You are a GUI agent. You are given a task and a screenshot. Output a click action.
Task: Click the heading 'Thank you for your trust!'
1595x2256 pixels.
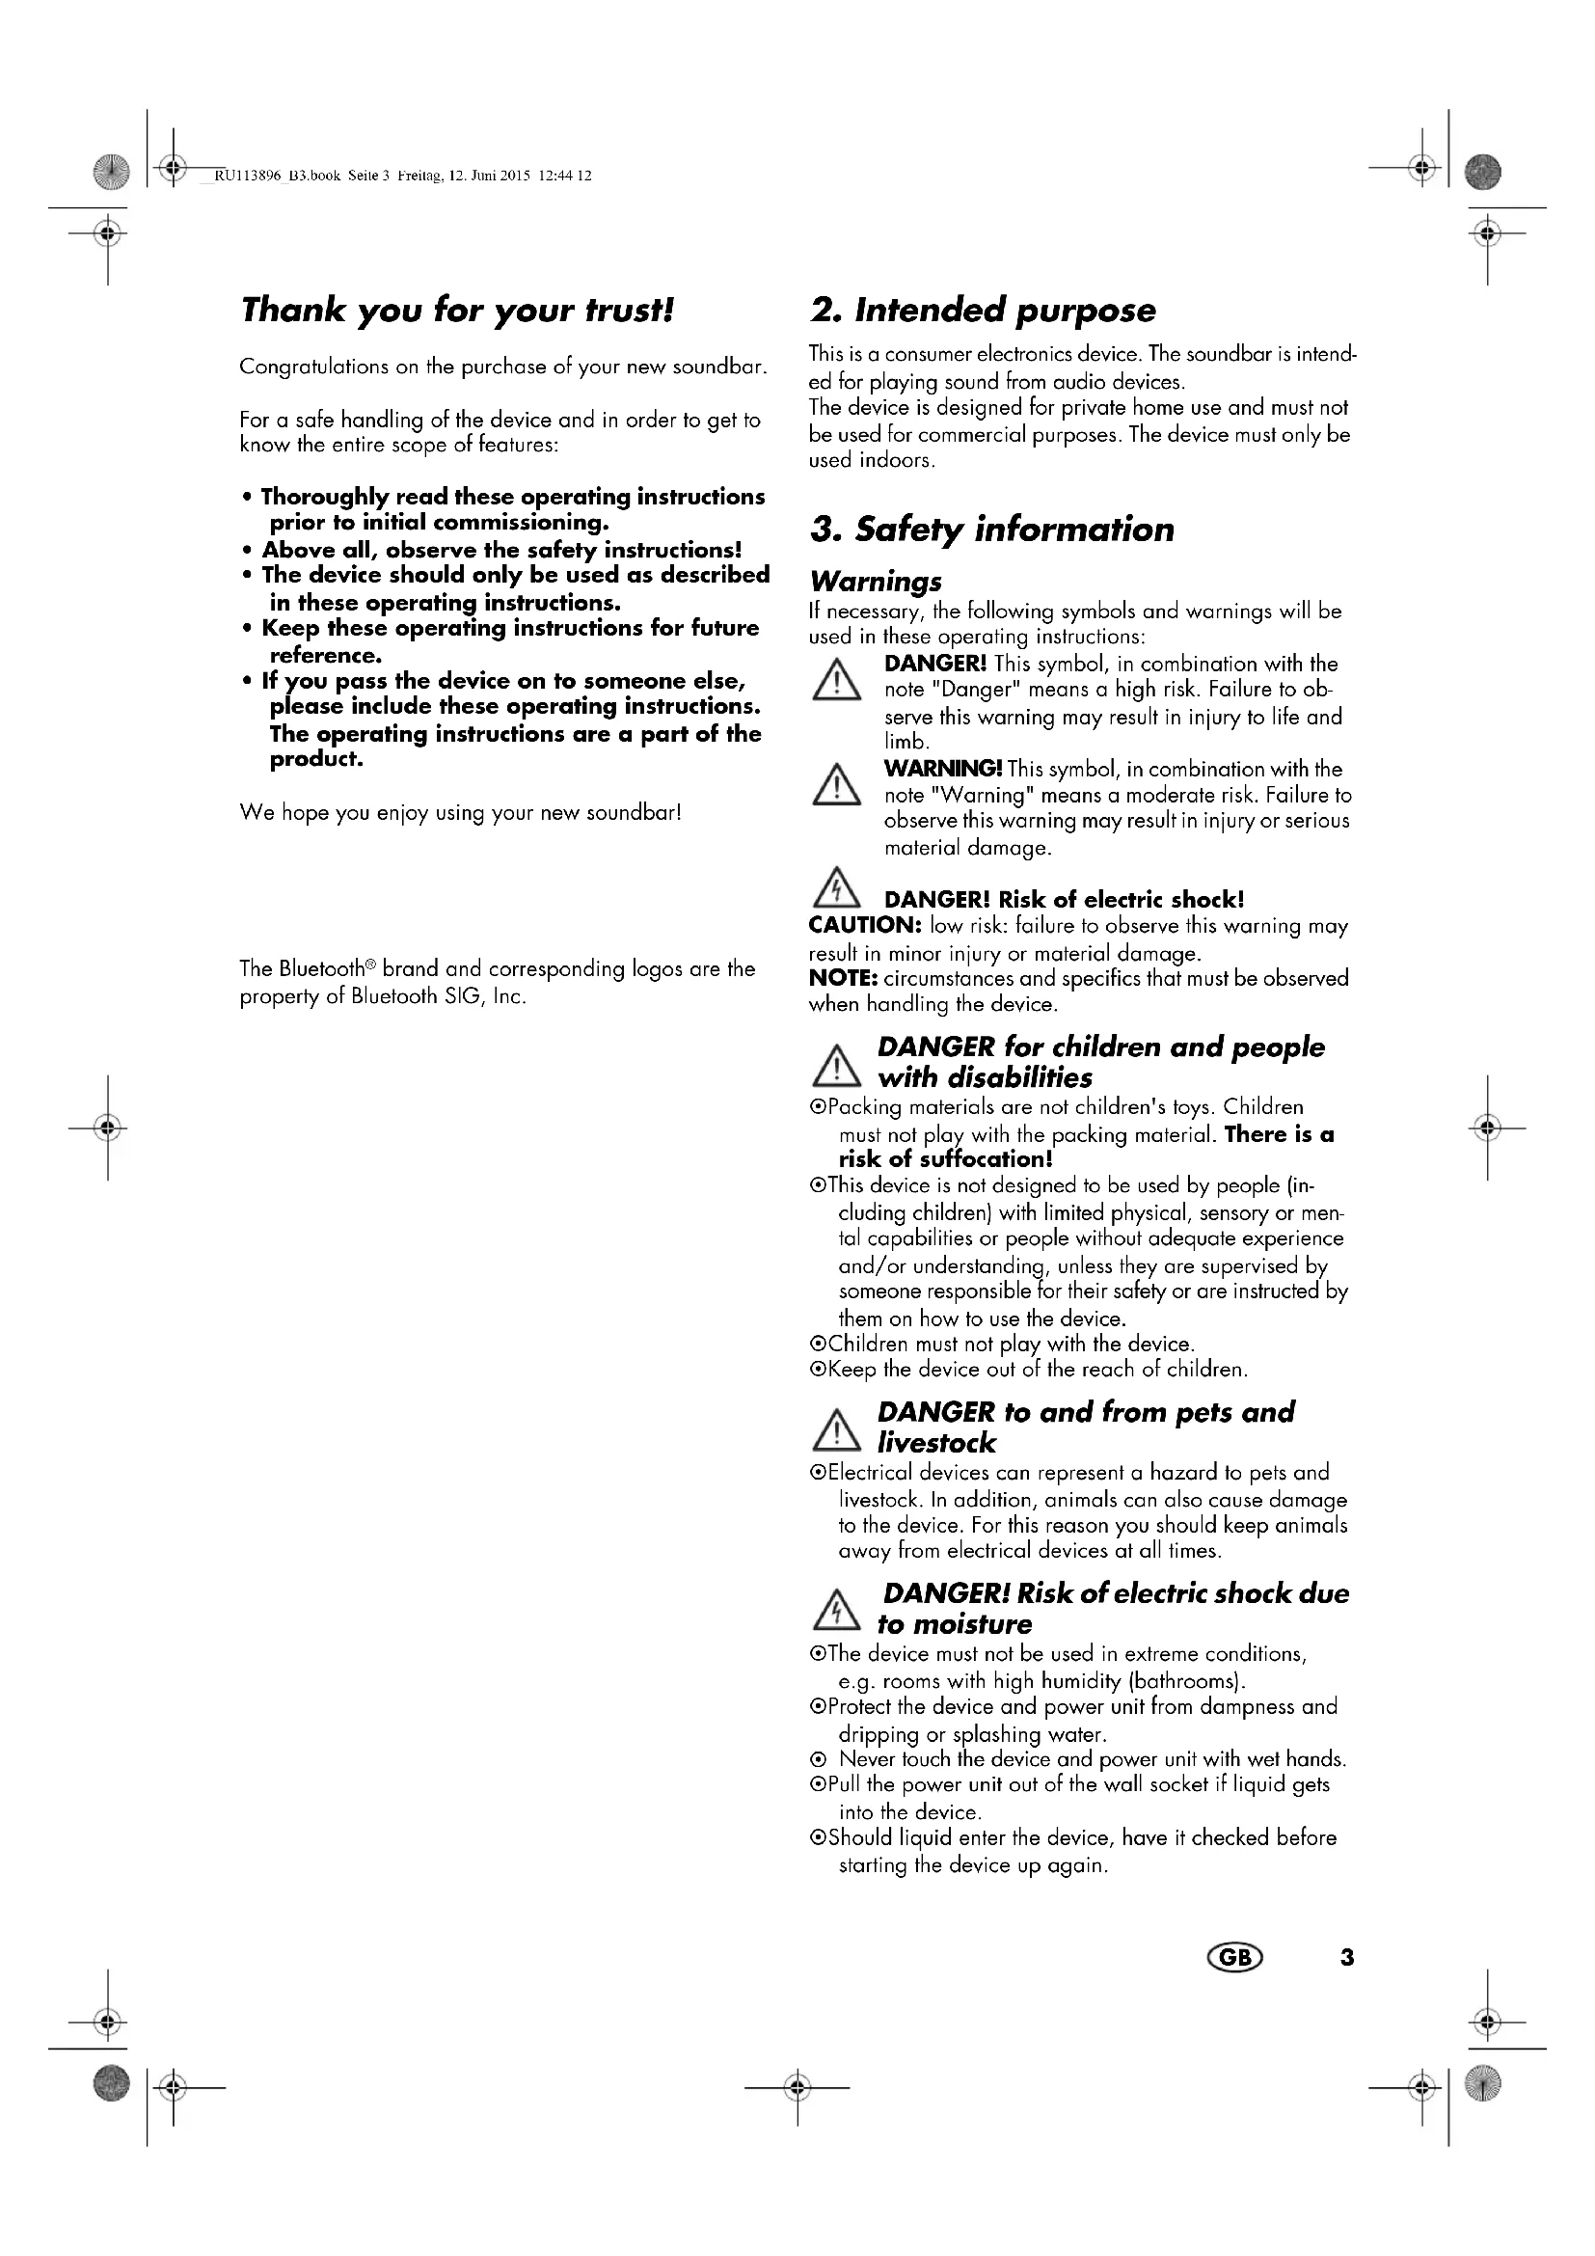(x=457, y=311)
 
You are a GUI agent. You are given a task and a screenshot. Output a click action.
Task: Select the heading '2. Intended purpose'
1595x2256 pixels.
(x=982, y=311)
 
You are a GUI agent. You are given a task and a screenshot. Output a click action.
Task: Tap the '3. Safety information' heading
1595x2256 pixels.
(x=991, y=530)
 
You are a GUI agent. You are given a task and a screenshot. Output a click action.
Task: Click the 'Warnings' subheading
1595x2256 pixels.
(x=875, y=582)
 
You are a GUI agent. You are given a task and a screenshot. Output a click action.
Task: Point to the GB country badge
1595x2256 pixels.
(x=1234, y=1958)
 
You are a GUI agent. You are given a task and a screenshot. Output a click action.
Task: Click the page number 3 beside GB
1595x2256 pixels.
(x=1346, y=1958)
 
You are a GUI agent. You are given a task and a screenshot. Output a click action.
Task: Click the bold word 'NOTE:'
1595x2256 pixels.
(x=842, y=979)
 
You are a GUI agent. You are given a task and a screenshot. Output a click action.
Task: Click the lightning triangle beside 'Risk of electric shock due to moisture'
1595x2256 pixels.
(x=836, y=1612)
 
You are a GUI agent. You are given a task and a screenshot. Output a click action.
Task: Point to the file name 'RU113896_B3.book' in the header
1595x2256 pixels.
(x=277, y=177)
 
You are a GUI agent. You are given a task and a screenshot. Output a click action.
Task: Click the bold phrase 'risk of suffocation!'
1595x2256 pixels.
(x=945, y=1159)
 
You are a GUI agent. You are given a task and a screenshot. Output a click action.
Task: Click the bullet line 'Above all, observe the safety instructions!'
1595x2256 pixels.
(x=500, y=550)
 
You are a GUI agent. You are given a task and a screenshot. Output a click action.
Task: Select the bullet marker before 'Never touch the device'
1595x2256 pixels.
(x=817, y=1760)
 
